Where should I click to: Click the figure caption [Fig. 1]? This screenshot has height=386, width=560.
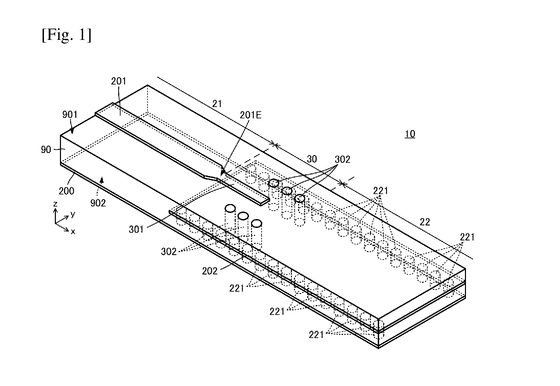(x=66, y=35)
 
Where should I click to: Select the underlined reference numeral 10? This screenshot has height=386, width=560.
(x=410, y=134)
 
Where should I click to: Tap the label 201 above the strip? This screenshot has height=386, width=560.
(x=119, y=81)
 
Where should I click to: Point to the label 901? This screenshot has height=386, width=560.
(x=70, y=114)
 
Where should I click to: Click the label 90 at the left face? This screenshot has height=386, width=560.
(x=46, y=150)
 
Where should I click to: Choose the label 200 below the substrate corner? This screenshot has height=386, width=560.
(x=66, y=191)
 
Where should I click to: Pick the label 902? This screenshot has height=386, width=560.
(x=98, y=203)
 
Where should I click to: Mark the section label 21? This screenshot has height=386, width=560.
(x=217, y=104)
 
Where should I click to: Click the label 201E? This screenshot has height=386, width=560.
(x=250, y=115)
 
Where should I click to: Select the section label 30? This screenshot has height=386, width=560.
(x=312, y=159)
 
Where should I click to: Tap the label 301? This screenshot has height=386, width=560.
(x=136, y=229)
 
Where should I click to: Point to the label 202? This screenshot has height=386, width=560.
(x=210, y=271)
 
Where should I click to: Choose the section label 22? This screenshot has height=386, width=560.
(x=425, y=222)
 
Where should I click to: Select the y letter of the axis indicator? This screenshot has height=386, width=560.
(x=73, y=214)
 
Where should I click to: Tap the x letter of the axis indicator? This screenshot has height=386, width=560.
(x=73, y=232)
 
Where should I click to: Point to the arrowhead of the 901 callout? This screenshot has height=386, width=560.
(x=72, y=131)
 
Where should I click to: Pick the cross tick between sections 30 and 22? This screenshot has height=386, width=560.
(x=342, y=184)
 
